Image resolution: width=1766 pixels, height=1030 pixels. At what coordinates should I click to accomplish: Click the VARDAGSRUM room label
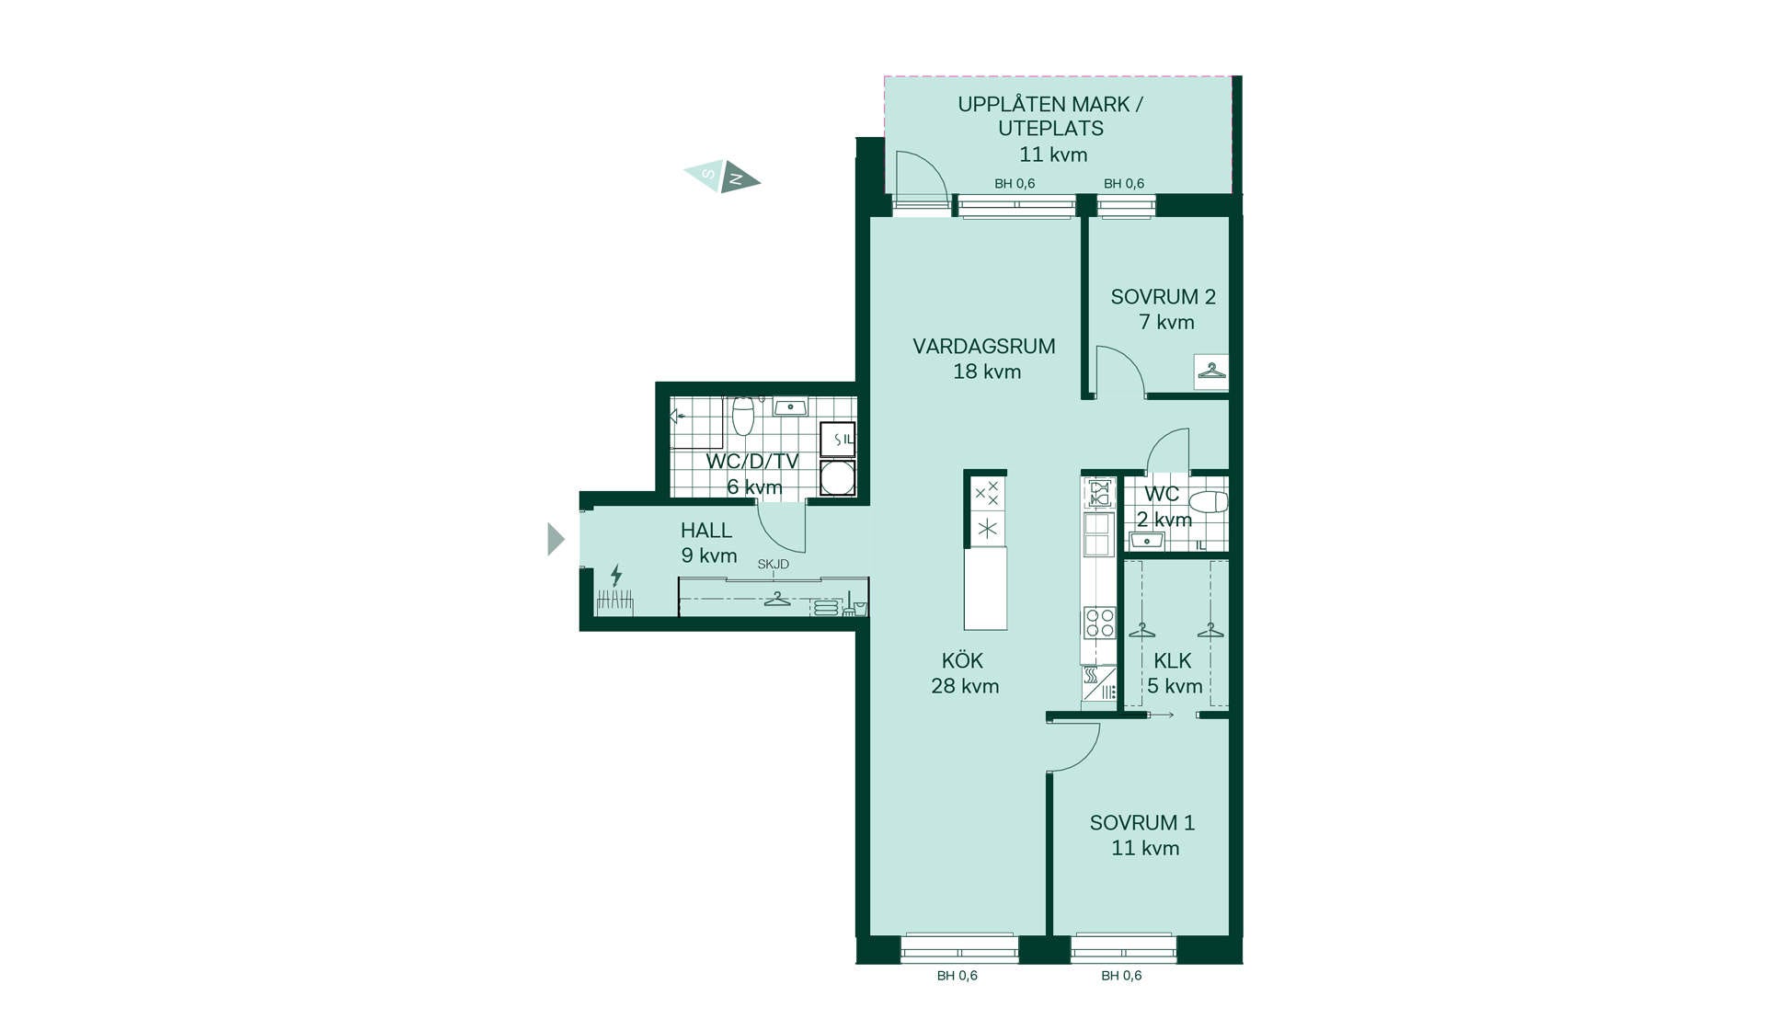[x=984, y=347]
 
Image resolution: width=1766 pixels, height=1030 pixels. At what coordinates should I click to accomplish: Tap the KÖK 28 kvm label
[x=964, y=673]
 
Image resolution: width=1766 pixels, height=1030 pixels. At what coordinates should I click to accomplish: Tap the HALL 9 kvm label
[x=708, y=543]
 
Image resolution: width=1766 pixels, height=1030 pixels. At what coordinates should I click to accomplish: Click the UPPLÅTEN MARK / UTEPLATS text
[x=1050, y=117]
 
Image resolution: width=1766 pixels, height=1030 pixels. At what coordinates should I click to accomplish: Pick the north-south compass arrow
[x=722, y=176]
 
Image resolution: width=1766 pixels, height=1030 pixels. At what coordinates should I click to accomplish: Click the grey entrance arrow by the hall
[x=556, y=539]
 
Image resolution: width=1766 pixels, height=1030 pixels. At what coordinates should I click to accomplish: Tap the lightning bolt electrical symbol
[x=615, y=576]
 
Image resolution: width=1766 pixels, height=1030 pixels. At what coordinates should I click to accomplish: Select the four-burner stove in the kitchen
[x=1100, y=623]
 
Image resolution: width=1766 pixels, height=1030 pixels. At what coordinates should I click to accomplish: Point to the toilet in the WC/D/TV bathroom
[x=743, y=416]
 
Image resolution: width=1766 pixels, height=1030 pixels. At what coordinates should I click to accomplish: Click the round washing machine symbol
[x=837, y=478]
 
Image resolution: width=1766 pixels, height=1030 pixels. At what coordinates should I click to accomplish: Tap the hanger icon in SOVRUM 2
[x=1211, y=371]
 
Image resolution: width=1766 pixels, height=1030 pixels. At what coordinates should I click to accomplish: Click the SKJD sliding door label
[x=774, y=564]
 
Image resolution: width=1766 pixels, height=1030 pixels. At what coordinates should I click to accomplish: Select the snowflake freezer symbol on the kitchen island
[x=987, y=529]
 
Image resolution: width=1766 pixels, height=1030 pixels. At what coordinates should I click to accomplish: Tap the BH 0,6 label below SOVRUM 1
[x=1121, y=976]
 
